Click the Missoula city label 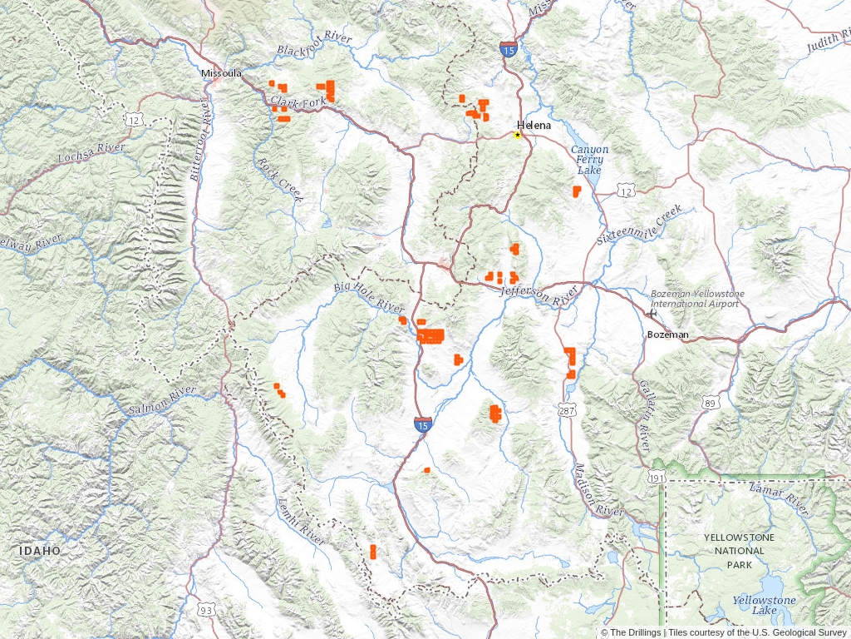coord(221,73)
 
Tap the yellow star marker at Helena coord(517,135)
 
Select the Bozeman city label coord(668,334)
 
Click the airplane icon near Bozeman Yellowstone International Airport coord(651,314)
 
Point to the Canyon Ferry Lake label coord(589,160)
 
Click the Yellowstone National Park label coord(739,551)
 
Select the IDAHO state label coord(41,551)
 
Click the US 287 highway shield coord(567,410)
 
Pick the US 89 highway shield coord(710,403)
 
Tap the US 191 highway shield coord(657,478)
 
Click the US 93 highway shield coord(204,611)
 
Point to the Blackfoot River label coord(315,45)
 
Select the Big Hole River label coord(369,297)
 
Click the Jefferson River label coord(539,293)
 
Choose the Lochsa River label coord(91,152)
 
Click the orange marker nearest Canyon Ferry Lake coord(576,191)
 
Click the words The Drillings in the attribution coord(635,632)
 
